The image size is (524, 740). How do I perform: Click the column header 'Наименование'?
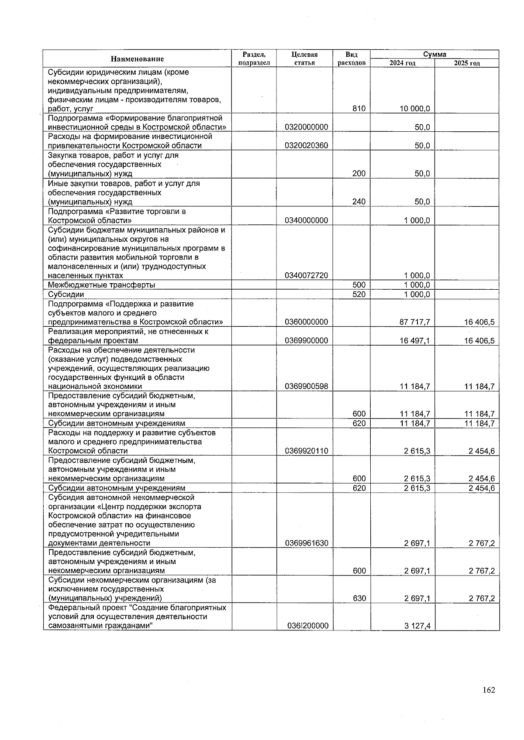(x=137, y=59)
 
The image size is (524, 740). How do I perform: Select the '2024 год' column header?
(x=402, y=63)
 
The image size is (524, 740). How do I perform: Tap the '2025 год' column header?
(x=467, y=63)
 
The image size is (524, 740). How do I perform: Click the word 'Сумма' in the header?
(x=434, y=55)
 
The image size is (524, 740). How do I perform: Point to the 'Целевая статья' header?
(x=304, y=59)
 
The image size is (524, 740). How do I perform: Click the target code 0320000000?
(x=306, y=127)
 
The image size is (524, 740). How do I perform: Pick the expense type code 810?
(x=359, y=109)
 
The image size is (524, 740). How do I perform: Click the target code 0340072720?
(x=306, y=276)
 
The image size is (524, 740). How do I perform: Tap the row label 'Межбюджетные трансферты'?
(x=102, y=285)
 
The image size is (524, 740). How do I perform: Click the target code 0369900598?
(x=306, y=387)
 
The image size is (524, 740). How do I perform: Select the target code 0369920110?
(x=306, y=451)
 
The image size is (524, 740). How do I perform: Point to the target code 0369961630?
(x=306, y=543)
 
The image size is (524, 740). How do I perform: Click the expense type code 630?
(x=359, y=599)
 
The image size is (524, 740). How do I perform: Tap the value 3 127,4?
(x=417, y=626)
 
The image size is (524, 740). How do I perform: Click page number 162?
(x=489, y=690)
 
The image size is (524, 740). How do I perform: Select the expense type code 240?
(x=359, y=202)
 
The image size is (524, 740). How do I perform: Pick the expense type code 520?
(x=359, y=295)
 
